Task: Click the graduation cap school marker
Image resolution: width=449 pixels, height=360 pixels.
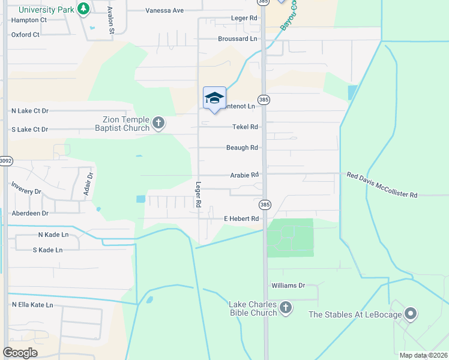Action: tap(214, 98)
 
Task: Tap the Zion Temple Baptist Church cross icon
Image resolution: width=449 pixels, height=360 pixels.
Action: tap(158, 124)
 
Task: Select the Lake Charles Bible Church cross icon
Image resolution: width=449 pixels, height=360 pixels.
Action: tap(286, 308)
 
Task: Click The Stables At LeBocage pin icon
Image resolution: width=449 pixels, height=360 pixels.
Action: tap(411, 313)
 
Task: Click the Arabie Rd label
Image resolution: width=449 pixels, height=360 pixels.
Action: tap(244, 175)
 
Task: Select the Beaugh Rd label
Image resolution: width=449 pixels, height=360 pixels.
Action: tap(242, 148)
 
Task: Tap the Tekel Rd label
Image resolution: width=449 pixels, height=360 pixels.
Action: tap(245, 127)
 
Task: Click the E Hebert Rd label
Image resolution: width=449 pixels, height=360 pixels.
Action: tap(241, 219)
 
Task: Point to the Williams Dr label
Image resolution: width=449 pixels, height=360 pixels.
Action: tap(288, 286)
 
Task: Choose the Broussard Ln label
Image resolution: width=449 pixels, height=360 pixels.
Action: tap(237, 38)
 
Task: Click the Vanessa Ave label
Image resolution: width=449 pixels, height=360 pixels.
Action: tap(164, 11)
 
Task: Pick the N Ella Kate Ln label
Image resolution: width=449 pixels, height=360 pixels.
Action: tap(32, 305)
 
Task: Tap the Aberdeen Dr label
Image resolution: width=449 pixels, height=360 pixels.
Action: tap(29, 213)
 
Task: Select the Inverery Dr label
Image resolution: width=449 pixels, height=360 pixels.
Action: tap(26, 192)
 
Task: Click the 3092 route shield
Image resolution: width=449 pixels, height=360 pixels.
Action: tap(5, 161)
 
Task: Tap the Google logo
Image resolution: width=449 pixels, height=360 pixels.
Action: tap(20, 353)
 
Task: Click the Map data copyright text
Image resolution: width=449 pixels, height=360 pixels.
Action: tap(422, 355)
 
